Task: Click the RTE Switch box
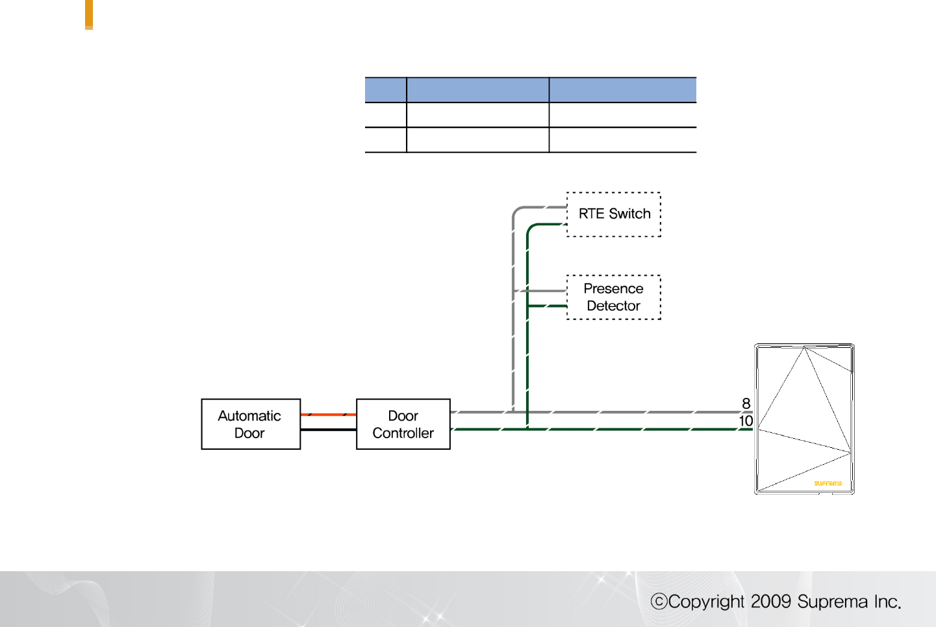click(613, 214)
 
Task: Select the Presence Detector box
click(613, 297)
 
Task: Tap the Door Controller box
click(403, 424)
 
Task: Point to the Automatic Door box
click(250, 424)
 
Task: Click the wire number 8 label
click(746, 404)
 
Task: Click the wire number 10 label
click(745, 421)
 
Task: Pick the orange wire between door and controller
click(328, 414)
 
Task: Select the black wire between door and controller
click(328, 430)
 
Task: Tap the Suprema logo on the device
click(828, 483)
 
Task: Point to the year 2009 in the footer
click(771, 602)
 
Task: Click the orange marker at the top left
click(89, 14)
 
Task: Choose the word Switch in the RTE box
click(629, 214)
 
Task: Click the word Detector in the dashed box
click(613, 306)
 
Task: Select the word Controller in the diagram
click(403, 433)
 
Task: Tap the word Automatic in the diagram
click(249, 415)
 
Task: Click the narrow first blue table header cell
click(385, 90)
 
